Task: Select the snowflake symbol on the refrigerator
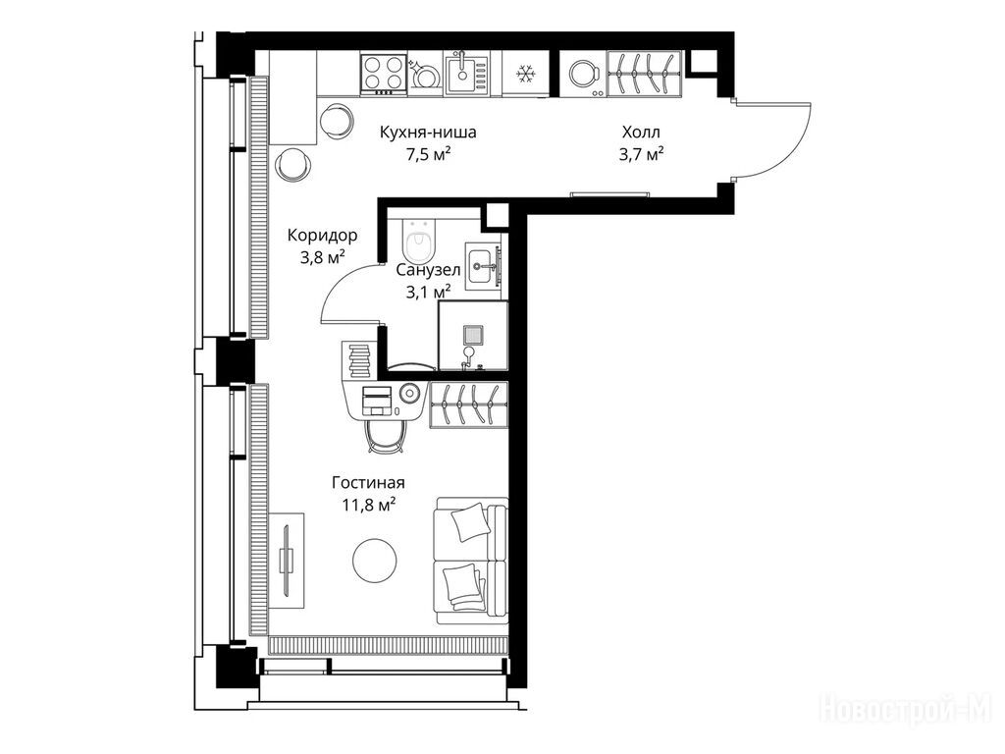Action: point(526,74)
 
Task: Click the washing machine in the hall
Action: point(583,74)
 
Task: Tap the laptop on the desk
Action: point(377,401)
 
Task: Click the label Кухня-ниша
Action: point(428,133)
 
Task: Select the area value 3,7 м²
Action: point(641,154)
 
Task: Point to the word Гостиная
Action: point(369,482)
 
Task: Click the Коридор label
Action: point(322,236)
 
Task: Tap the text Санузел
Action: point(428,270)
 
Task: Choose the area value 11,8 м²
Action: point(369,505)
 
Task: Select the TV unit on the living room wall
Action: point(287,560)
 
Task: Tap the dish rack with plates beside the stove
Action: point(425,74)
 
